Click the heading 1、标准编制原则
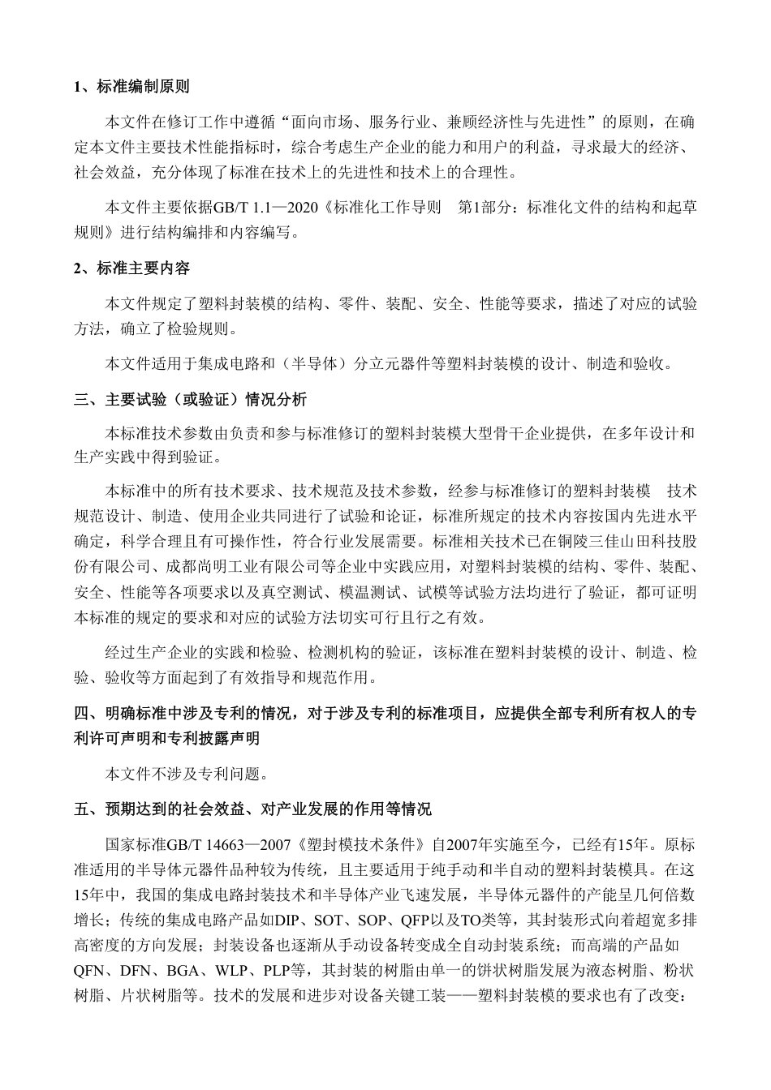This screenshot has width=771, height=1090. pyautogui.click(x=131, y=87)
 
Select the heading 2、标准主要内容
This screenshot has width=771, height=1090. pyautogui.click(x=131, y=268)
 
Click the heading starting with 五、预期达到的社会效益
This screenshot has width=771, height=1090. pyautogui.click(x=252, y=809)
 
